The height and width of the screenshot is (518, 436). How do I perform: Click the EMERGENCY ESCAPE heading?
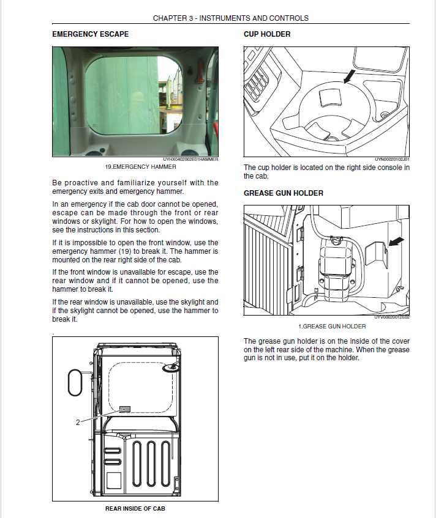click(x=91, y=34)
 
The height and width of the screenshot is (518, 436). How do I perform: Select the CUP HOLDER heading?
click(x=267, y=34)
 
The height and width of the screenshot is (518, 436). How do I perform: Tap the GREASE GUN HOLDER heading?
click(x=284, y=193)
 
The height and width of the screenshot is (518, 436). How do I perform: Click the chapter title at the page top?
click(x=230, y=18)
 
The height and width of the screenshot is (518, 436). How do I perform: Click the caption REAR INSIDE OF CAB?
click(x=135, y=508)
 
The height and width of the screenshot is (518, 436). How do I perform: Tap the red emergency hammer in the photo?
click(x=198, y=76)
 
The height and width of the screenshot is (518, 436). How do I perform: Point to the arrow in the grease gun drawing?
click(x=397, y=242)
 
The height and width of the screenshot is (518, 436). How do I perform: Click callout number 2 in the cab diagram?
click(x=77, y=421)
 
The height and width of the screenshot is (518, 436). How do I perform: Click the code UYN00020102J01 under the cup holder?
click(x=391, y=160)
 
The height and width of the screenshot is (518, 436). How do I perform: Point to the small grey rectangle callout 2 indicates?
click(x=126, y=409)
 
